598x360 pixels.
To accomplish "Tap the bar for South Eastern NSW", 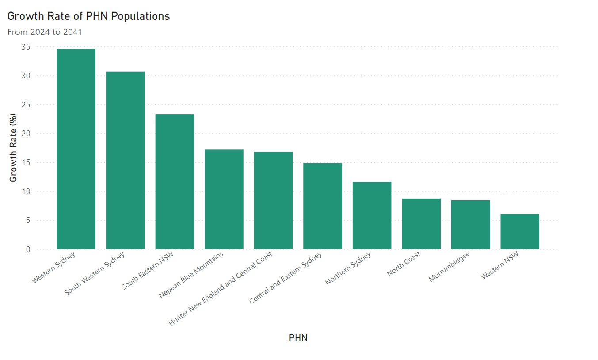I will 175,181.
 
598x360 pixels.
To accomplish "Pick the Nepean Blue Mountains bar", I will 224,199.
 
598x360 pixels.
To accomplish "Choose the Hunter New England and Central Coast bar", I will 273,200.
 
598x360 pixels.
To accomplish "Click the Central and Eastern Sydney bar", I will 323,206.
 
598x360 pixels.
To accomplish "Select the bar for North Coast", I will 421,223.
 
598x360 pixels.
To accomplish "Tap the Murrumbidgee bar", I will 470,224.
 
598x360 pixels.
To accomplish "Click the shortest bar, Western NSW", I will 520,231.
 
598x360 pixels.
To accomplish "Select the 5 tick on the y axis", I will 28,220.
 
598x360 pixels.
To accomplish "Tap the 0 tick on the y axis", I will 28,249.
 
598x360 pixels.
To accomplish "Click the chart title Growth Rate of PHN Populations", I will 89,16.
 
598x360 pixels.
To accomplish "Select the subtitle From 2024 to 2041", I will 45,32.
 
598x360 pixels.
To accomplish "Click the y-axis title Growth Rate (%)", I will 13,148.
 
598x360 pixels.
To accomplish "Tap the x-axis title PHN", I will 298,338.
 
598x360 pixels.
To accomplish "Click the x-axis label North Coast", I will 404,264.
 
